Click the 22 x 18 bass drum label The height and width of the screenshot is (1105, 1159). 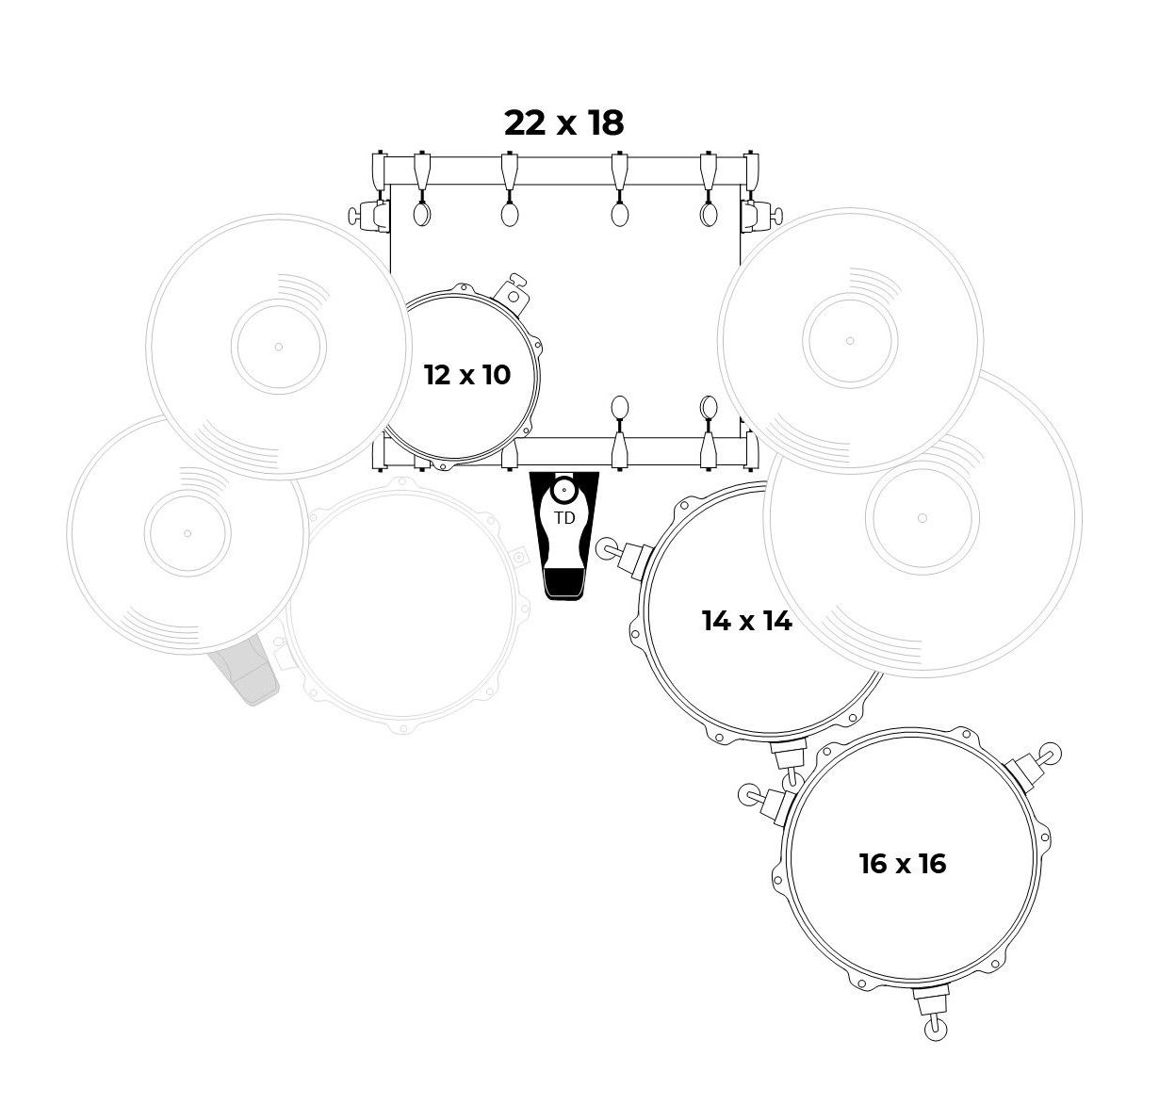[x=563, y=122]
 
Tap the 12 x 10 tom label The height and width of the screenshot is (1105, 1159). [x=467, y=375]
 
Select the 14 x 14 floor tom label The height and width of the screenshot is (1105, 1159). [x=746, y=621]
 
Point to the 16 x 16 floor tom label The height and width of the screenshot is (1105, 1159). [x=902, y=864]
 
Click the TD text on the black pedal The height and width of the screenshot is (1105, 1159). [x=564, y=518]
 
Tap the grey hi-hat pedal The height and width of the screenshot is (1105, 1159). [x=245, y=670]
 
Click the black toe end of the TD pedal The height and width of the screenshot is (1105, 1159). [x=564, y=583]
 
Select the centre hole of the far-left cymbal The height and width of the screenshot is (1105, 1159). [x=188, y=533]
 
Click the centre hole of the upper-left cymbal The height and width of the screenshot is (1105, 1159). [x=278, y=347]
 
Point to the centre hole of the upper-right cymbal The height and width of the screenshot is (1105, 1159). [x=850, y=341]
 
